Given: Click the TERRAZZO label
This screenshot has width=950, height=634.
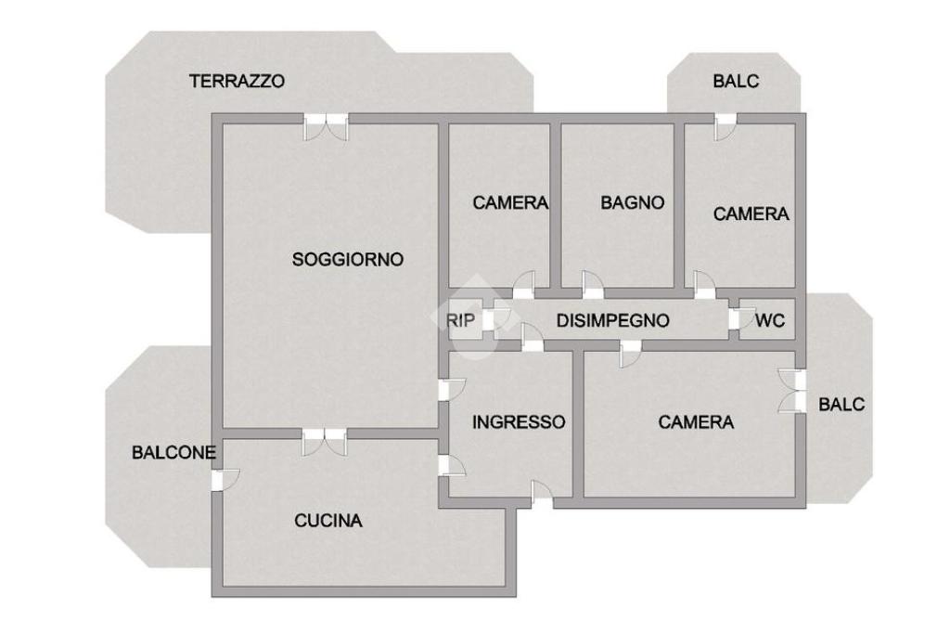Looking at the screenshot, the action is [x=237, y=81].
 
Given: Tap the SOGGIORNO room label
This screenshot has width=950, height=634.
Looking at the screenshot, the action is [x=348, y=259].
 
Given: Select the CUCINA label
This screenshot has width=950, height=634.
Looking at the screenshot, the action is [x=328, y=521].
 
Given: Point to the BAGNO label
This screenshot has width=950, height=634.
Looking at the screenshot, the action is [x=633, y=202].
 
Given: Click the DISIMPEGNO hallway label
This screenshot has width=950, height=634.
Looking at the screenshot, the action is [x=612, y=320].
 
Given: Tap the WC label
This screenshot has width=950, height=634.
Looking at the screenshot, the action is [x=770, y=320].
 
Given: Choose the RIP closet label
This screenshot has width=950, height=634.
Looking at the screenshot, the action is [x=460, y=320].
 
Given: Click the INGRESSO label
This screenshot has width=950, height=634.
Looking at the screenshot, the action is [x=519, y=421].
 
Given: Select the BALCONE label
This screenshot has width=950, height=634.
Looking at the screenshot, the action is [x=173, y=453].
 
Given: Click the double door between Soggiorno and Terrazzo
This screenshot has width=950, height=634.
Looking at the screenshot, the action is [x=326, y=126].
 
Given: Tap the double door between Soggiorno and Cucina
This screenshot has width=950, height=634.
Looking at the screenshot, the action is [x=325, y=442].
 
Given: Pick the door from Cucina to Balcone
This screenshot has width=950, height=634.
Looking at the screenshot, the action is [x=225, y=479].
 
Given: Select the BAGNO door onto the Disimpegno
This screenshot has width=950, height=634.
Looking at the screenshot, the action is [x=593, y=285].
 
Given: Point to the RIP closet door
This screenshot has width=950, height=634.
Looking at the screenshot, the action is [x=497, y=319].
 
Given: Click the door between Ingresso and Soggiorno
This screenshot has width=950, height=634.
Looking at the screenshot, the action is [x=452, y=389].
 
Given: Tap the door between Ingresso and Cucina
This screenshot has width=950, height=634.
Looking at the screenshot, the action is [x=452, y=465].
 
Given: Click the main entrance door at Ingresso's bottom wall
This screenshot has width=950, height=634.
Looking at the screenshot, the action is [x=542, y=494].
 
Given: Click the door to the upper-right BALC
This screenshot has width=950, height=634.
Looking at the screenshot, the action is [x=725, y=126].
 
